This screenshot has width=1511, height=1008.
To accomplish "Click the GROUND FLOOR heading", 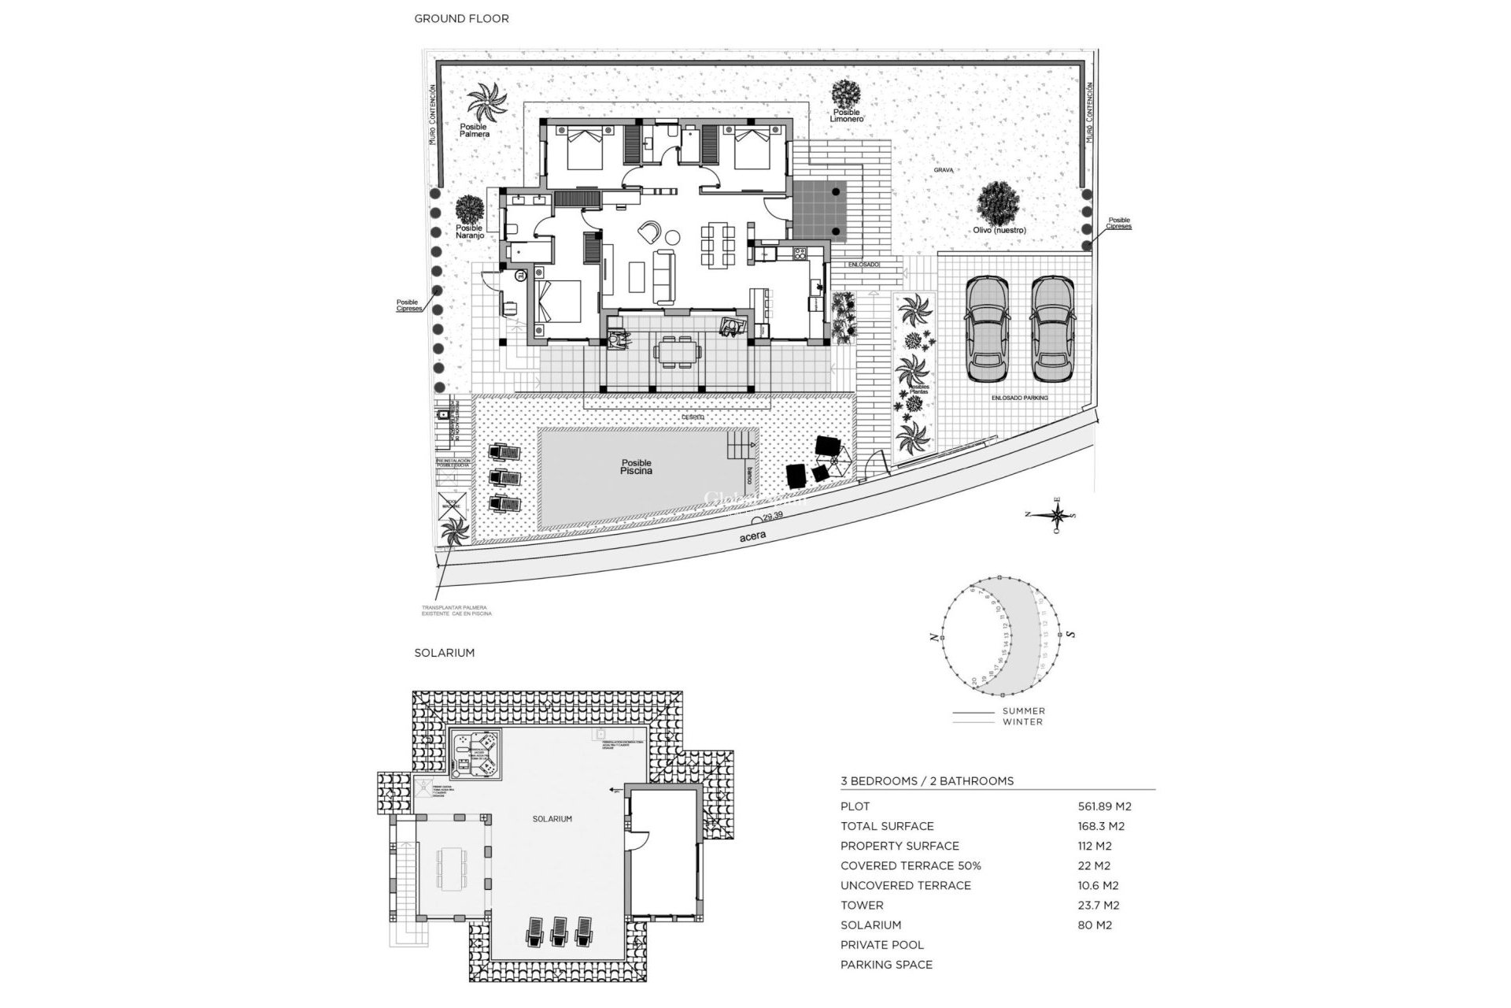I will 461,18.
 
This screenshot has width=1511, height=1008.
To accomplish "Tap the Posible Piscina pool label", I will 636,467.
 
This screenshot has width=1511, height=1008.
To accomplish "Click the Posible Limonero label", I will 848,116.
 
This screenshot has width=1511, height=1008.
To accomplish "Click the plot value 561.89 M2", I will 1104,806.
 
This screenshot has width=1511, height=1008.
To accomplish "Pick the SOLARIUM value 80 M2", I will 1095,925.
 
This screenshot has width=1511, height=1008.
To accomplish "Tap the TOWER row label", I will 862,906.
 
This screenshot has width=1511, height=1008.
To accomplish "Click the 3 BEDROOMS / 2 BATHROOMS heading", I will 926,781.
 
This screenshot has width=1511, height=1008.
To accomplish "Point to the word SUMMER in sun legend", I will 1023,711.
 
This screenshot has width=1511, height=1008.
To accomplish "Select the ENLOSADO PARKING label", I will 1020,398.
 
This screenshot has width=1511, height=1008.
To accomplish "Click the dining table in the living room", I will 717,244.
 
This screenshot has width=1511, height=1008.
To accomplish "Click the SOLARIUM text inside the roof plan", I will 552,819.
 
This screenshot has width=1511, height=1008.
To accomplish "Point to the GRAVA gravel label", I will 944,169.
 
